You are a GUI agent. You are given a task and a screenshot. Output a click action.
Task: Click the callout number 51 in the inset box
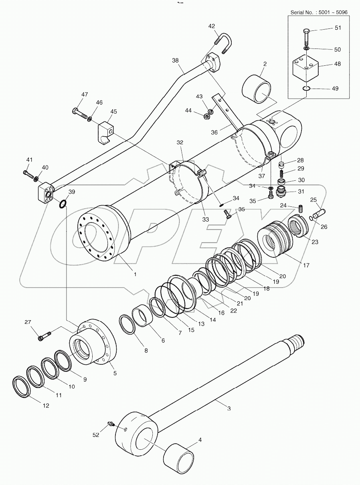[x=338, y=28]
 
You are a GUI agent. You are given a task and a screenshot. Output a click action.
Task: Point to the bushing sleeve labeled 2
[x=256, y=89]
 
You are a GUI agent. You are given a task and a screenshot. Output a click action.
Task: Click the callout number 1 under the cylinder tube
[x=135, y=275]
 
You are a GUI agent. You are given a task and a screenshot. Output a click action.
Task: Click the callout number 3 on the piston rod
[x=229, y=408]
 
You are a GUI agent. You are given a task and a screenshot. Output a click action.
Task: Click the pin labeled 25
[x=319, y=211]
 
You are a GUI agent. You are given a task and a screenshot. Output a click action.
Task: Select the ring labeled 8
[x=127, y=324]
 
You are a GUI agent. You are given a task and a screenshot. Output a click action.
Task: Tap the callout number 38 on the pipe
[x=175, y=60]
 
